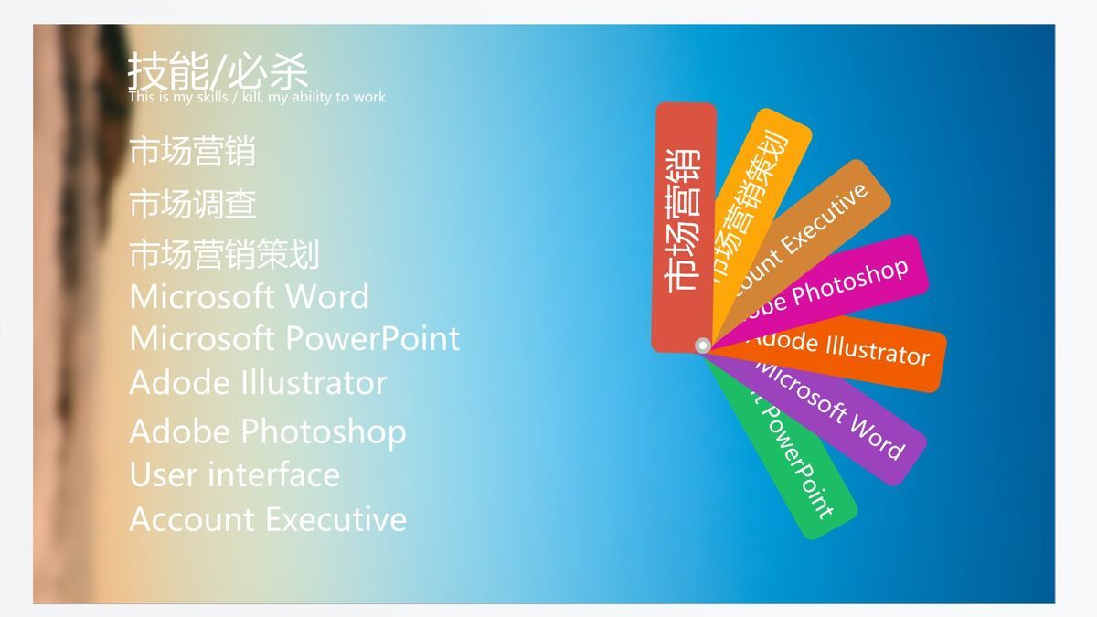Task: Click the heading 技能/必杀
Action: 218,70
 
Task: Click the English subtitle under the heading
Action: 257,97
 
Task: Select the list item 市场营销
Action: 192,152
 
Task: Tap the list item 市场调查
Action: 192,204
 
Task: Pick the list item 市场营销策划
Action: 224,255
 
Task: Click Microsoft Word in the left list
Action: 249,297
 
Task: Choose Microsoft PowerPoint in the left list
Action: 293,339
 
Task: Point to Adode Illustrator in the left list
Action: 258,383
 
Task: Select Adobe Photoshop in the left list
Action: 267,431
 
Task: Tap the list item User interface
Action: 234,475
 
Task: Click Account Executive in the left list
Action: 267,520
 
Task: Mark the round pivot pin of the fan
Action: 702,346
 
